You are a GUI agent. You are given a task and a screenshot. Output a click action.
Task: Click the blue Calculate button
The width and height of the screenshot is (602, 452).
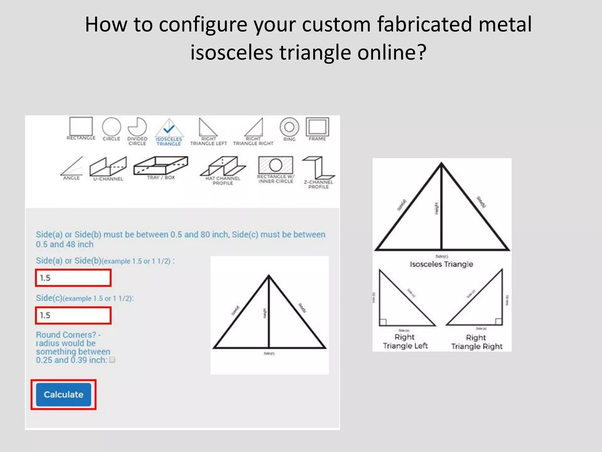(63, 394)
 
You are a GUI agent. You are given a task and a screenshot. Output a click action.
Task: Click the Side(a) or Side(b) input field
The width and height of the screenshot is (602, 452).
(73, 278)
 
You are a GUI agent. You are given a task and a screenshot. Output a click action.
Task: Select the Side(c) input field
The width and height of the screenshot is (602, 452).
(73, 315)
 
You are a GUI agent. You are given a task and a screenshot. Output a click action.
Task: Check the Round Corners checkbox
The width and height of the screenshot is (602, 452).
(112, 360)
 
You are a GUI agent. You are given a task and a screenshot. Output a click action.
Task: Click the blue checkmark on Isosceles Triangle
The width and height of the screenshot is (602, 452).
(169, 129)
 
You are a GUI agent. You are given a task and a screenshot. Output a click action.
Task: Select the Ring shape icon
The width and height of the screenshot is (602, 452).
(289, 127)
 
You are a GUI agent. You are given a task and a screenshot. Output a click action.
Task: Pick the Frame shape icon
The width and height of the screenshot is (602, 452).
(317, 127)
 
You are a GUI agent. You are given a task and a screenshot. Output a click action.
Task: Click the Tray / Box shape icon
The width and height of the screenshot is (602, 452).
(160, 165)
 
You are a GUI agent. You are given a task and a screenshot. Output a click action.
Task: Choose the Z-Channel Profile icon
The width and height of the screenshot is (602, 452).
(319, 168)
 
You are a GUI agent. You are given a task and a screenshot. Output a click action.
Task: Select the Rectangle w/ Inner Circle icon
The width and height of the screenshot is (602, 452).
(275, 165)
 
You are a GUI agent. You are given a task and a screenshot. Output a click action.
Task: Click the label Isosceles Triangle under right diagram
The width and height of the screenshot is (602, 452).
(442, 264)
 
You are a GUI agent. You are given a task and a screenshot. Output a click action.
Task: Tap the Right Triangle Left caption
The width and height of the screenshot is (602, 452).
(405, 341)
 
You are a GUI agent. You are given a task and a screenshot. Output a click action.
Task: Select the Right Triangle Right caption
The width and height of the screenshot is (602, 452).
(476, 342)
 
